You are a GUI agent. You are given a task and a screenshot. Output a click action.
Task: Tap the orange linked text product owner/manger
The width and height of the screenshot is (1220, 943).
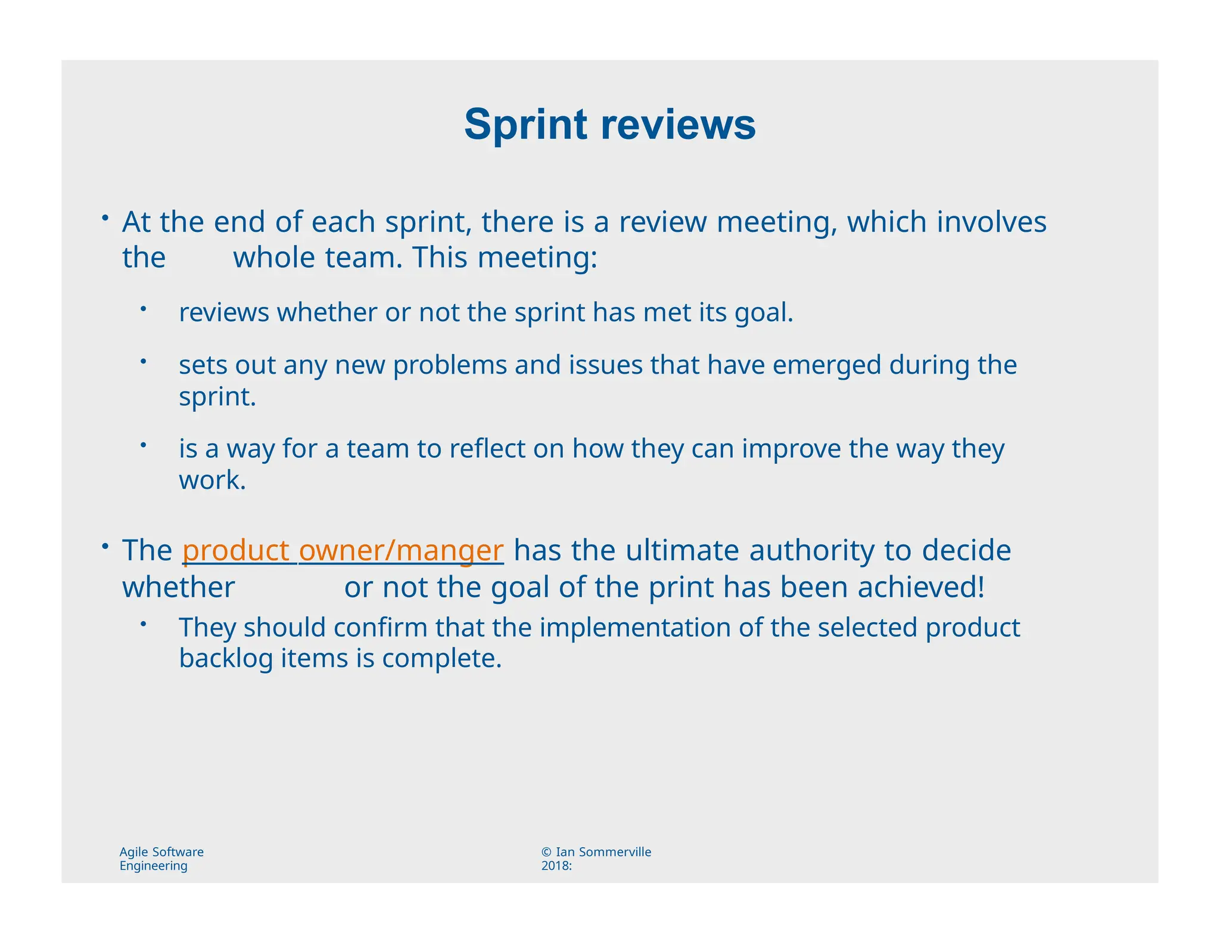343,550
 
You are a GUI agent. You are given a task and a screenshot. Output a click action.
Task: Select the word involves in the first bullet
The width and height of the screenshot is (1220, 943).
991,222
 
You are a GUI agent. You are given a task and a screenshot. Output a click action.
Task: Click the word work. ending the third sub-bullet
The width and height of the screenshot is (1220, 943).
212,480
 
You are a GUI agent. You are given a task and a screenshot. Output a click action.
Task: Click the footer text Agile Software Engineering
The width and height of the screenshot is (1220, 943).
161,858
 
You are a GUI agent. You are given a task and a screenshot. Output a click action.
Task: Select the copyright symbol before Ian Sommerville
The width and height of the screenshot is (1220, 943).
546,852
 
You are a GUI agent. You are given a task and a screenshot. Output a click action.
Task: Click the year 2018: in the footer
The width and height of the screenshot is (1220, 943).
556,866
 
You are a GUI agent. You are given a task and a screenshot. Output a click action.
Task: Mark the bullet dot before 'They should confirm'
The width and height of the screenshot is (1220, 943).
144,624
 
